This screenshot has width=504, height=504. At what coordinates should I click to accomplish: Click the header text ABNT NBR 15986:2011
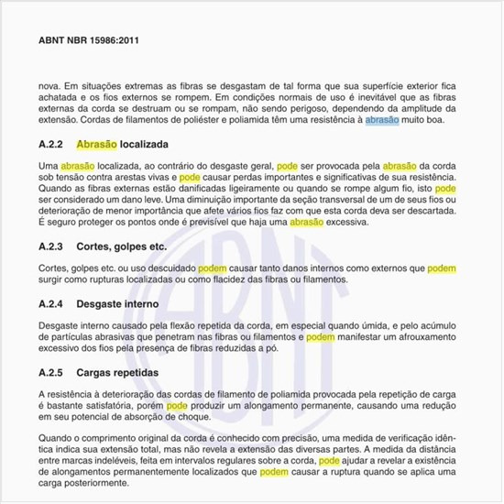[89, 40]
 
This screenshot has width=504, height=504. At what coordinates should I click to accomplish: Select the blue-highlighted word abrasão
[381, 120]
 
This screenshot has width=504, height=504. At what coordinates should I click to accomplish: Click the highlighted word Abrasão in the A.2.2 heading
[98, 145]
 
